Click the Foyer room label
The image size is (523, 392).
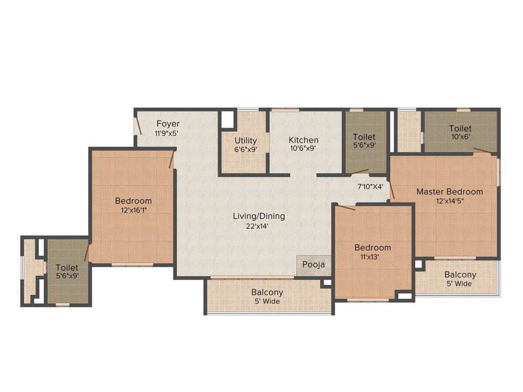pos(168,124)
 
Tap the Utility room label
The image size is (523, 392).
pos(246,140)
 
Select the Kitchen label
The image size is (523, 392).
pos(303,140)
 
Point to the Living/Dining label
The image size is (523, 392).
pos(259,216)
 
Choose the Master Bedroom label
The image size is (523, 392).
pos(449,191)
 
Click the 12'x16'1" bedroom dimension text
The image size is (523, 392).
pos(133,210)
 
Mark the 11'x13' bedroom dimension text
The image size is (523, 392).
pos(373,257)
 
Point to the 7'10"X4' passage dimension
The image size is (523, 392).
pos(370,186)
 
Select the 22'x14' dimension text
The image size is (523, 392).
pos(259,226)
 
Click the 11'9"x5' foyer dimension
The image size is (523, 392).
pos(167,133)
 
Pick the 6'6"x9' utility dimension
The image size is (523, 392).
pos(246,150)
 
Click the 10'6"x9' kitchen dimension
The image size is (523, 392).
pos(303,149)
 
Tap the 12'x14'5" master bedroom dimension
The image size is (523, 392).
pos(449,201)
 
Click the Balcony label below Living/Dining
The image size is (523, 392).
pos(267,292)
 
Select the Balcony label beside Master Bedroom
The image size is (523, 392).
pos(460,275)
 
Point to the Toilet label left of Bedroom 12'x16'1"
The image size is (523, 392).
pos(67,267)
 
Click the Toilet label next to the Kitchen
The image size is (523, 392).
pos(364,137)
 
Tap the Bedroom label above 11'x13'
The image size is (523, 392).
pos(373,248)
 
